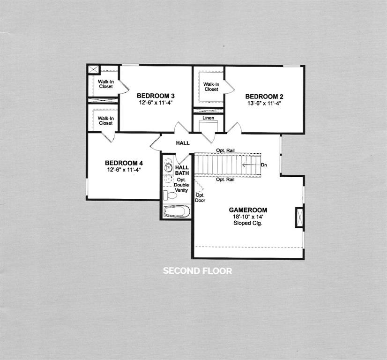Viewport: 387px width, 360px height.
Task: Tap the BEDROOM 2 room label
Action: pyautogui.click(x=264, y=97)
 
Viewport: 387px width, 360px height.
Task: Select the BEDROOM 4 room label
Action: pyautogui.click(x=124, y=163)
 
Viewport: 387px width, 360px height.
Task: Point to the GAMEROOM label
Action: pyautogui.click(x=248, y=210)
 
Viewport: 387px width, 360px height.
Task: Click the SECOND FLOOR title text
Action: pyautogui.click(x=197, y=271)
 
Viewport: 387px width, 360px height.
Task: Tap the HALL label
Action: pyautogui.click(x=183, y=143)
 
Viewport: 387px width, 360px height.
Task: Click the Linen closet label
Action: pyautogui.click(x=209, y=118)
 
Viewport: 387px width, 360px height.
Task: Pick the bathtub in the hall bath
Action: pyautogui.click(x=177, y=212)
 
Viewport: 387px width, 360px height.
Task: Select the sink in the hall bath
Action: pyautogui.click(x=169, y=167)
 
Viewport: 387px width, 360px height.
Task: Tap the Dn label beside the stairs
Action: pyautogui.click(x=264, y=165)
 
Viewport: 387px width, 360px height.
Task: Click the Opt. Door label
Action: pyautogui.click(x=200, y=198)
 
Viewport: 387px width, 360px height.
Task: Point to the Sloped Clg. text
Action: pyautogui.click(x=248, y=224)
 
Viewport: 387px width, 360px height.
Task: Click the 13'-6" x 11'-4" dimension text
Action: pyautogui.click(x=264, y=103)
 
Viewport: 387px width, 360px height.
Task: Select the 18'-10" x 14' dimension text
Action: pyautogui.click(x=248, y=217)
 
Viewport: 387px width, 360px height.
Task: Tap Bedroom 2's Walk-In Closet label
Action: pyautogui.click(x=211, y=87)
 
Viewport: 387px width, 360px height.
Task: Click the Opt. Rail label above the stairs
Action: pyautogui.click(x=225, y=150)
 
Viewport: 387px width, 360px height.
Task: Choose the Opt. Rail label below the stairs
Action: pyautogui.click(x=225, y=180)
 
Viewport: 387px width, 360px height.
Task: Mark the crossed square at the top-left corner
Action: pyautogui.click(x=93, y=70)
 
